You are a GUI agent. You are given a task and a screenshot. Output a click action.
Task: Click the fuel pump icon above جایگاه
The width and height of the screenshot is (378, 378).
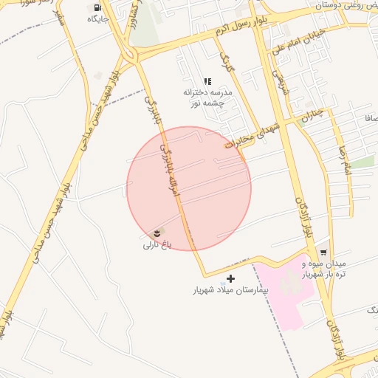(x=99, y=8)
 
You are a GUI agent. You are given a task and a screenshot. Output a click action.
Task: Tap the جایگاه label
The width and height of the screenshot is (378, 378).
(x=98, y=18)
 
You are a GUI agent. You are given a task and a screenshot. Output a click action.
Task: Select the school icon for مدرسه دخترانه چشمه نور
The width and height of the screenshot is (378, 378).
(x=208, y=81)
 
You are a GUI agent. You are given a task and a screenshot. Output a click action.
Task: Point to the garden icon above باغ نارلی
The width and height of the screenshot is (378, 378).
(x=157, y=233)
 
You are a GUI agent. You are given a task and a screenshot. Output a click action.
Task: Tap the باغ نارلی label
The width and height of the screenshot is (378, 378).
(x=157, y=244)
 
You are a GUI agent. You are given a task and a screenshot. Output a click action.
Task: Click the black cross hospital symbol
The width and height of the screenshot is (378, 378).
(x=231, y=278)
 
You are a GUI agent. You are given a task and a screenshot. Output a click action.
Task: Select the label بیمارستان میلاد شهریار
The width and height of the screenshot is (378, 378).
(x=230, y=290)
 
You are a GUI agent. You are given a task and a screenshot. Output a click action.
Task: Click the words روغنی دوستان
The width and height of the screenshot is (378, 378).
(x=340, y=6)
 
